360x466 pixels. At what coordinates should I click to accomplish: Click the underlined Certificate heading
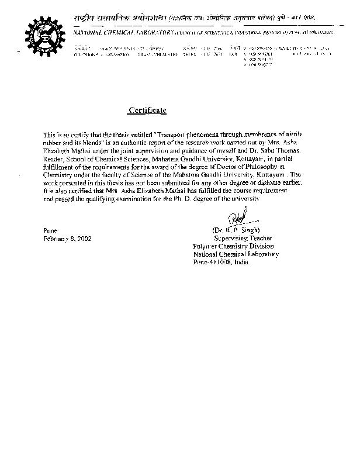(x=147, y=110)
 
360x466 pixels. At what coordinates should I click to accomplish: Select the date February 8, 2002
(x=67, y=239)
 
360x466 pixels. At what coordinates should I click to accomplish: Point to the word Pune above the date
(x=51, y=231)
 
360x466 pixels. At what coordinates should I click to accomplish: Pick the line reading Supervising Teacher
(x=239, y=239)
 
